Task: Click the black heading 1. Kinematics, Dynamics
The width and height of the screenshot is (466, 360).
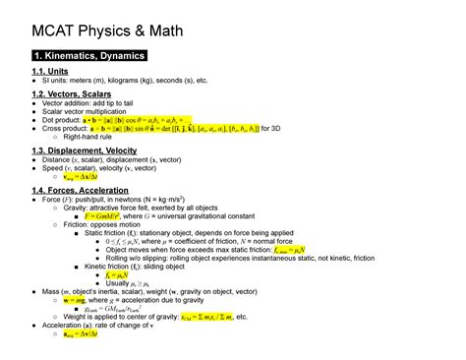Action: point(87,56)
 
